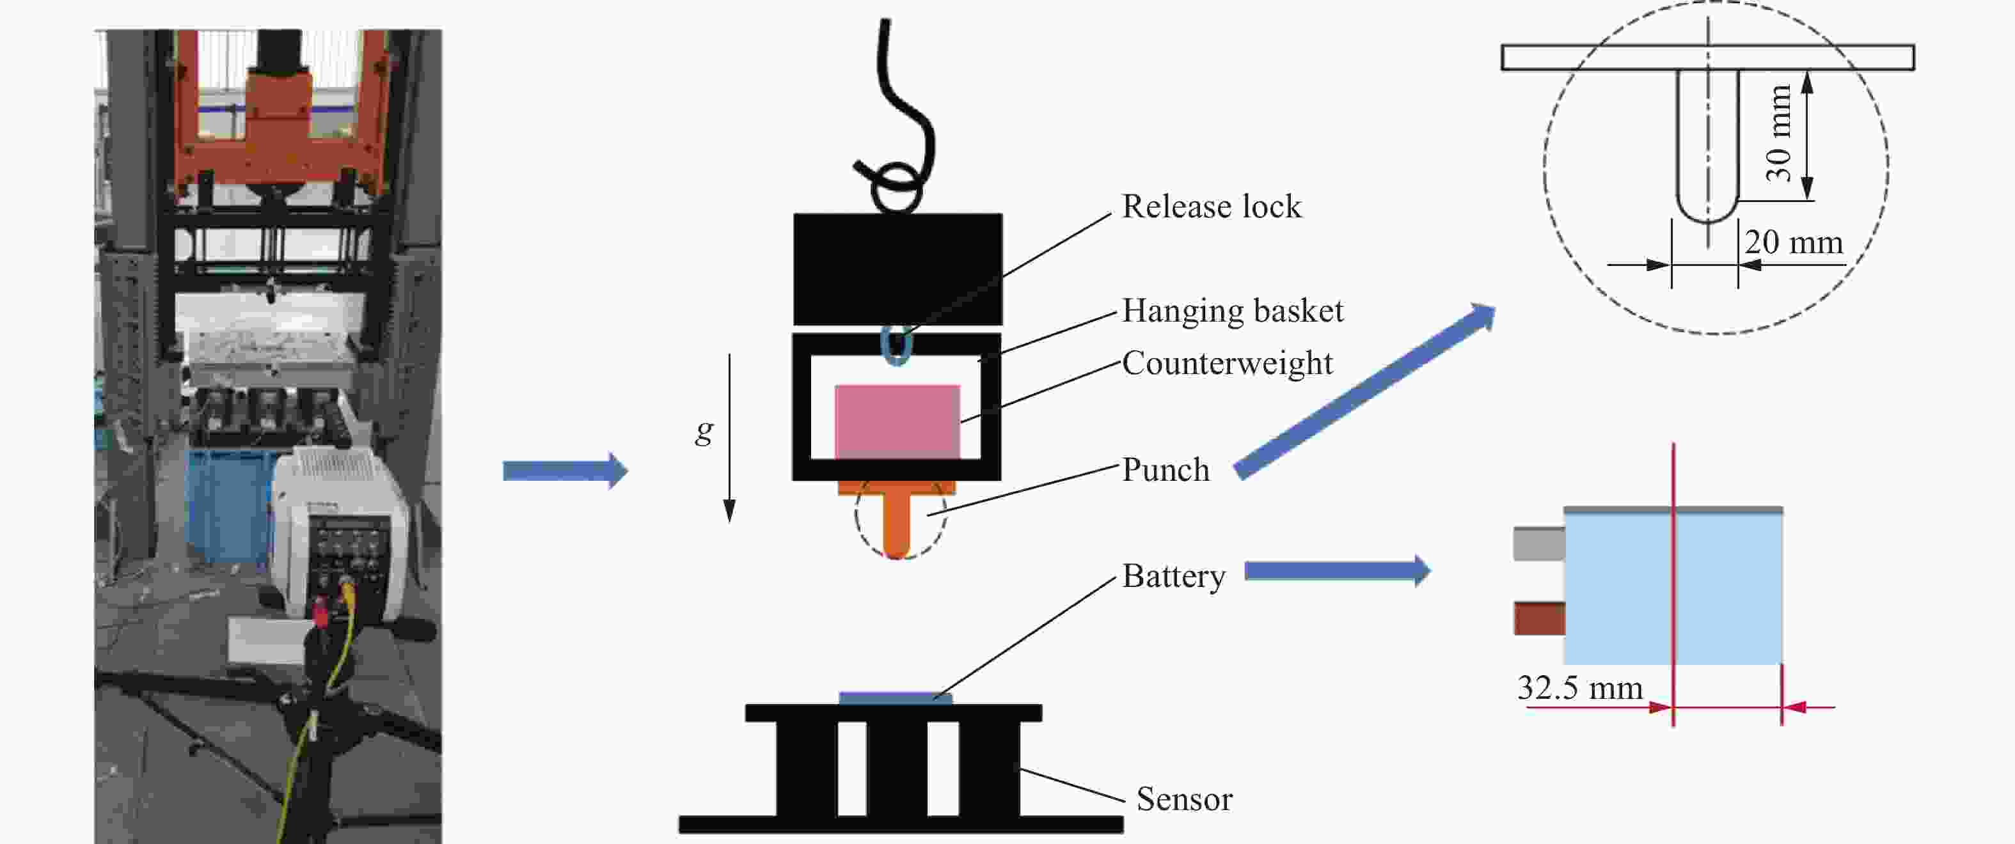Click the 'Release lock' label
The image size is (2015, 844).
coord(1212,207)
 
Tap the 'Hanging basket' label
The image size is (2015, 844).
coord(1233,311)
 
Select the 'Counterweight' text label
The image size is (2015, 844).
coord(1228,364)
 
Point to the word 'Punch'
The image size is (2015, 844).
coord(1166,470)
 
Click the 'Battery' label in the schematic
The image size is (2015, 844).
coord(1173,577)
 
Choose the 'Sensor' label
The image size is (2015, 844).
coord(1184,799)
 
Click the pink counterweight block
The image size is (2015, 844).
coord(897,421)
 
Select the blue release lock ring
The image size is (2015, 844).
coord(896,345)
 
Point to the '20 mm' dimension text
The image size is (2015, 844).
coord(1794,243)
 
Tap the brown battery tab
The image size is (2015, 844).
coord(1538,618)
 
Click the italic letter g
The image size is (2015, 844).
coord(704,430)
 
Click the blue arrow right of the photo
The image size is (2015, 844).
coord(565,471)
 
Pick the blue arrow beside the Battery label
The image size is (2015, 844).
coord(1338,571)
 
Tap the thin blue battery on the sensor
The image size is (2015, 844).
coord(896,698)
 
